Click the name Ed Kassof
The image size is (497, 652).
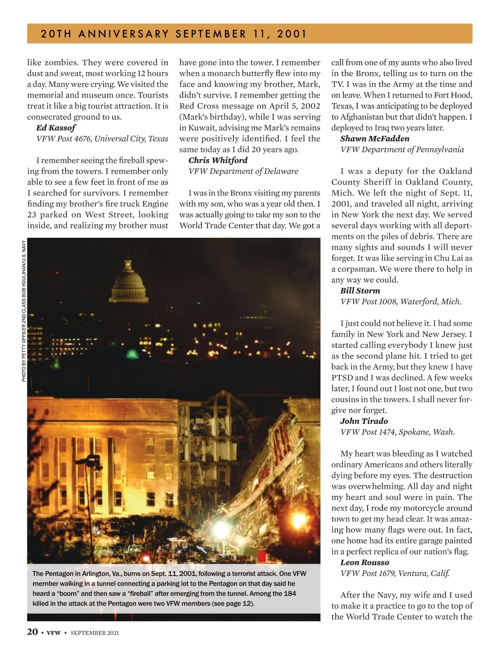point(55,128)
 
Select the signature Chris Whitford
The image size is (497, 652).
point(218,160)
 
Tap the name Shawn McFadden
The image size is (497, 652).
point(374,139)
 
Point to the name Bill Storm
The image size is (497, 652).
point(360,291)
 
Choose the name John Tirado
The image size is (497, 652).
point(364,421)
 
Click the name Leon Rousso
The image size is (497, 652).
point(364,563)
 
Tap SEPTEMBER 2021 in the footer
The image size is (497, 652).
point(94,633)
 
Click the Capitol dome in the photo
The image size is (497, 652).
point(128,282)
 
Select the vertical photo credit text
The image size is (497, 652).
point(24,311)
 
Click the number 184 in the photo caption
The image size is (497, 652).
point(290,594)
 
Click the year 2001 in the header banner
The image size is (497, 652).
point(292,34)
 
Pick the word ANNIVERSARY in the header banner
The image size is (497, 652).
point(123,34)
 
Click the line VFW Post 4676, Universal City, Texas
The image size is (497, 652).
point(102,139)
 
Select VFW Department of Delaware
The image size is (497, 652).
point(243,171)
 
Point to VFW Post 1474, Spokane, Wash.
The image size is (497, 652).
point(397,432)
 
